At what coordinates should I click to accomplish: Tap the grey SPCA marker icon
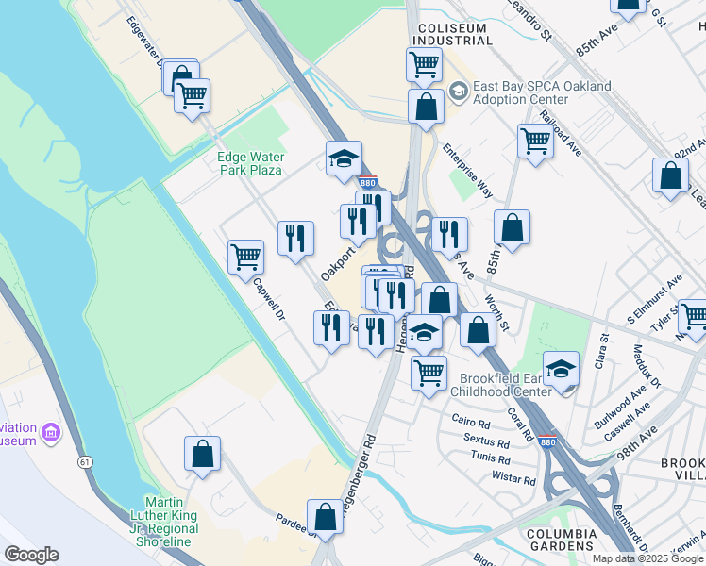tap(459, 92)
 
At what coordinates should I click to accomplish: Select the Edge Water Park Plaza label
tap(249, 163)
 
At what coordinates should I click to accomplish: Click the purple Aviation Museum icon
tap(51, 434)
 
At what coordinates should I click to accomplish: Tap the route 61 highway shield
tap(85, 461)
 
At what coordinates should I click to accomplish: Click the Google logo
tap(31, 555)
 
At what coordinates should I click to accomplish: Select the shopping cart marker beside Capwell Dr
tap(245, 257)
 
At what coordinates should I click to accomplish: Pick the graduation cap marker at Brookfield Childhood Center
tap(561, 369)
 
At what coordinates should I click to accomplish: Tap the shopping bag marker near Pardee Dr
tap(326, 517)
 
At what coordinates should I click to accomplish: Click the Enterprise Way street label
tap(468, 171)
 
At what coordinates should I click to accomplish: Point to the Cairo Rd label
tap(471, 423)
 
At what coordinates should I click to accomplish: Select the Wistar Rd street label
tap(515, 479)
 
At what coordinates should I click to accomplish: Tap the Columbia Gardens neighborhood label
tap(563, 540)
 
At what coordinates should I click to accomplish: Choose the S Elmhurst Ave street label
tap(655, 300)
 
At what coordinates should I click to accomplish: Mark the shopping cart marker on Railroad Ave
tap(535, 141)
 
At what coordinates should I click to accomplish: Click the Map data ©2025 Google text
tap(647, 558)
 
